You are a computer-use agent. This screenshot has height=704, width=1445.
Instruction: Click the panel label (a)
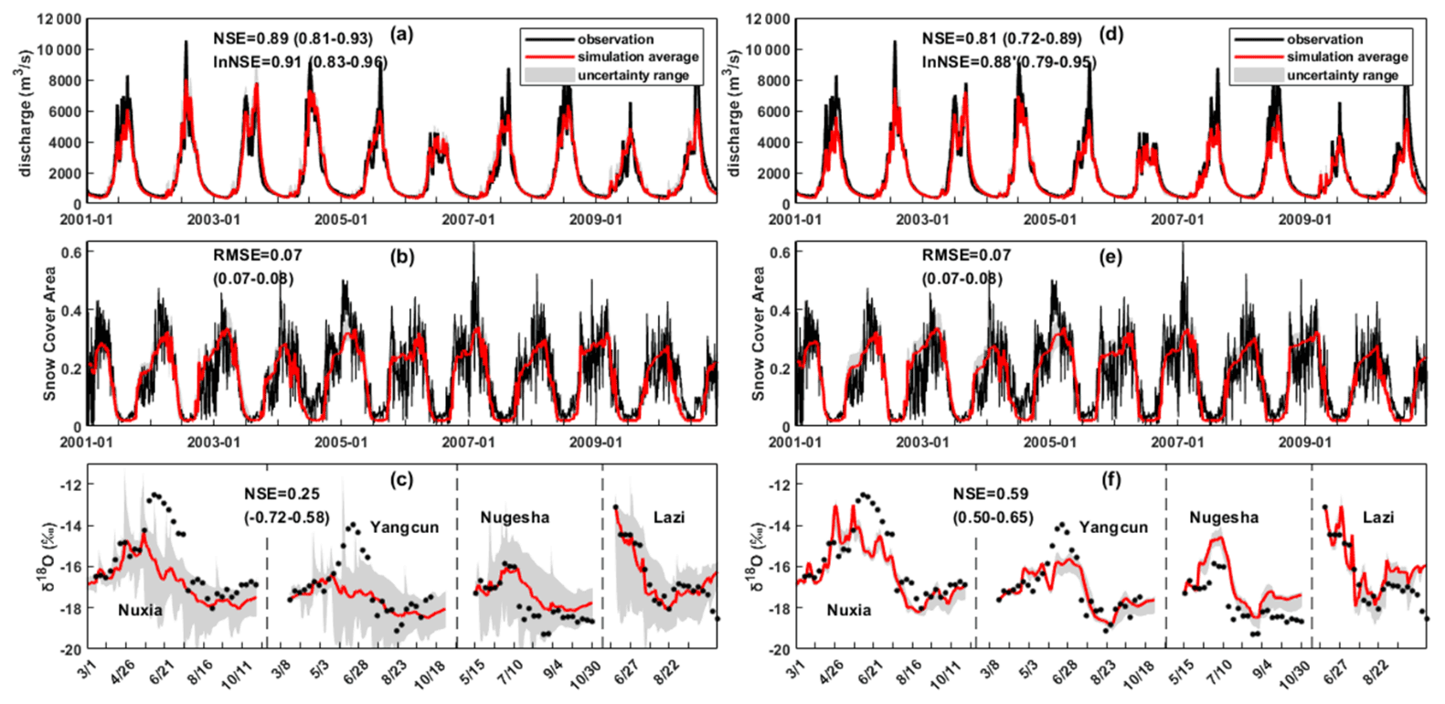coord(402,36)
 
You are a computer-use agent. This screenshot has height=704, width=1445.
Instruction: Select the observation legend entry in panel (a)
coord(615,39)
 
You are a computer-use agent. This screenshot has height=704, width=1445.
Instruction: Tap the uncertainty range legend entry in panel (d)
coord(1342,75)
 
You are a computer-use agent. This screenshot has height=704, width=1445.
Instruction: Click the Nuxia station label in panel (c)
coord(140,610)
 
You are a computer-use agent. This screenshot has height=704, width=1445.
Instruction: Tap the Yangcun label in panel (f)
coord(1113,528)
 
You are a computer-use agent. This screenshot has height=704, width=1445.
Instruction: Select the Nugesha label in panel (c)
coord(515,517)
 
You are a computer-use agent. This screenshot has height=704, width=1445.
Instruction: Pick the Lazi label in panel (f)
coord(1378,517)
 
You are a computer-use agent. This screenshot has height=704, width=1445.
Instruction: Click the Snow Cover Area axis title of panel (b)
coord(49,334)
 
